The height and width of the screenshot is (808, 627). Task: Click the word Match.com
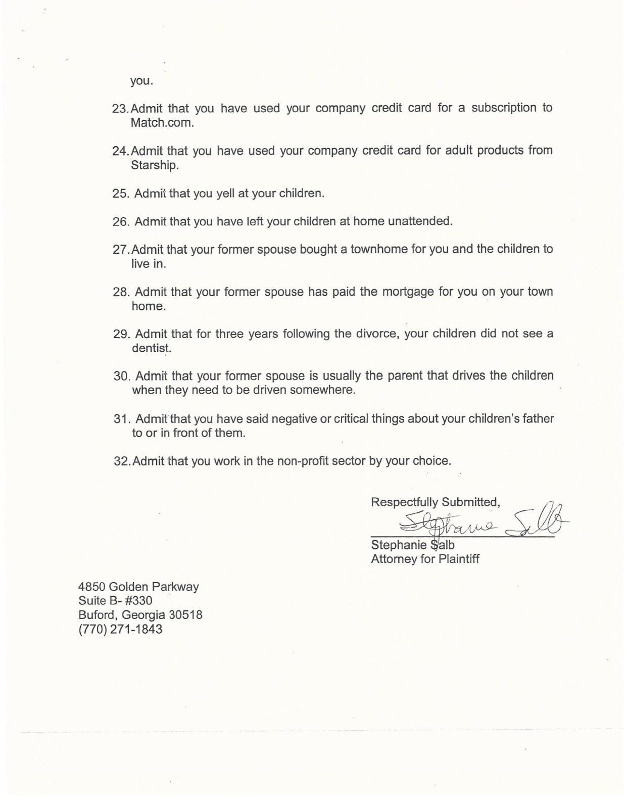162,123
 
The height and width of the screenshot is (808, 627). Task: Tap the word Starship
154,165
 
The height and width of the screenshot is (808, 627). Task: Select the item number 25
121,194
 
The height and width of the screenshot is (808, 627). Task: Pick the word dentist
151,348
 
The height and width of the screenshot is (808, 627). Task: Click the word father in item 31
537,418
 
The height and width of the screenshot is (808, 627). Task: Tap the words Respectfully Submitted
435,502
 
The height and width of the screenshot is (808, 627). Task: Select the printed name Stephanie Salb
412,545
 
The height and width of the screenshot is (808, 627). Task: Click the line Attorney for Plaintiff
425,559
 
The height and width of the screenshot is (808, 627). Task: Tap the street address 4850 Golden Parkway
138,587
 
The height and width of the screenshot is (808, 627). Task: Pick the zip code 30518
185,615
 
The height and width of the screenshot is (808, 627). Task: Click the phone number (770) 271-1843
120,629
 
